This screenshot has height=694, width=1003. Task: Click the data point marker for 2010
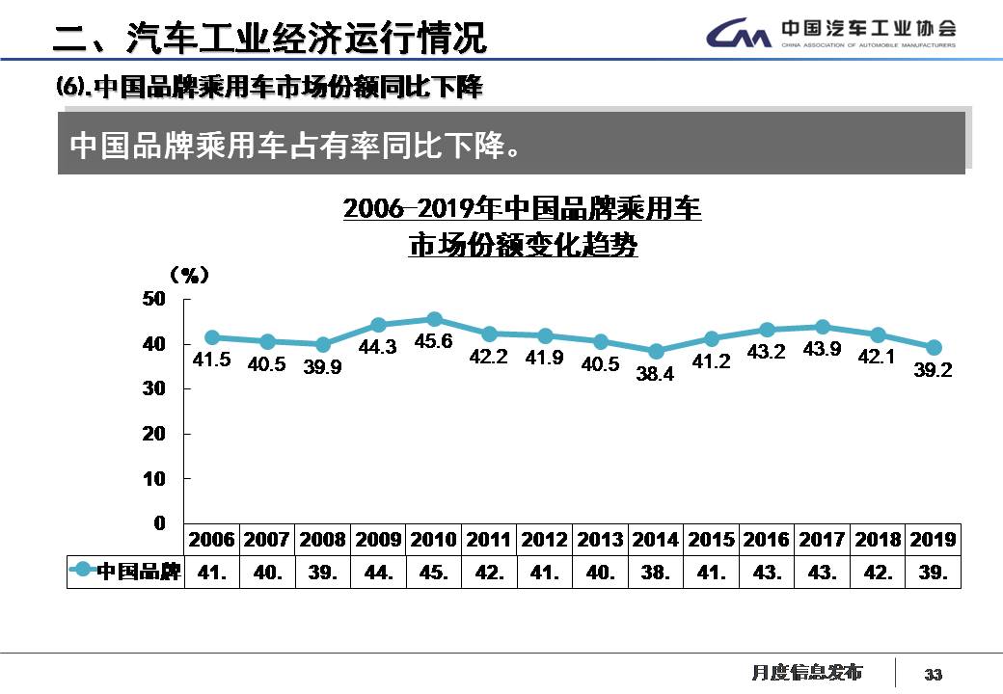(434, 319)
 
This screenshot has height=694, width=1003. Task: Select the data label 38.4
(656, 374)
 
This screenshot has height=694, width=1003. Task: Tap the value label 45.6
(433, 341)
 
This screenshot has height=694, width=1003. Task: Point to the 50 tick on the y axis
(154, 299)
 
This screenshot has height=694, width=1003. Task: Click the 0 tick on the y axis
(159, 522)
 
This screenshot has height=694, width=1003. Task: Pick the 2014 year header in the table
(656, 540)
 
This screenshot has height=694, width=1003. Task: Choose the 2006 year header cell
(212, 540)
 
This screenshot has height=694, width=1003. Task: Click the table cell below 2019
(934, 572)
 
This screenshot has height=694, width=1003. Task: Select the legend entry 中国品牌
(125, 572)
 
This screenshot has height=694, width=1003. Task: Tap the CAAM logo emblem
(739, 35)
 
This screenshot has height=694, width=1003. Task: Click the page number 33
(933, 674)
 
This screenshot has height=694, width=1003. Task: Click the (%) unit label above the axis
(189, 275)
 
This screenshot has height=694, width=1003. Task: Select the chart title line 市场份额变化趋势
(523, 245)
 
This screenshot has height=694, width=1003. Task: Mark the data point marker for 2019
(934, 347)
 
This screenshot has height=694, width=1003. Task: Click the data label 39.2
(934, 370)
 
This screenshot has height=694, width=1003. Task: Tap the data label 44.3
(377, 348)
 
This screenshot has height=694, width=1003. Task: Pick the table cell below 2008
(322, 572)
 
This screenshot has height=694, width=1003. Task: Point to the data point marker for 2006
(212, 337)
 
